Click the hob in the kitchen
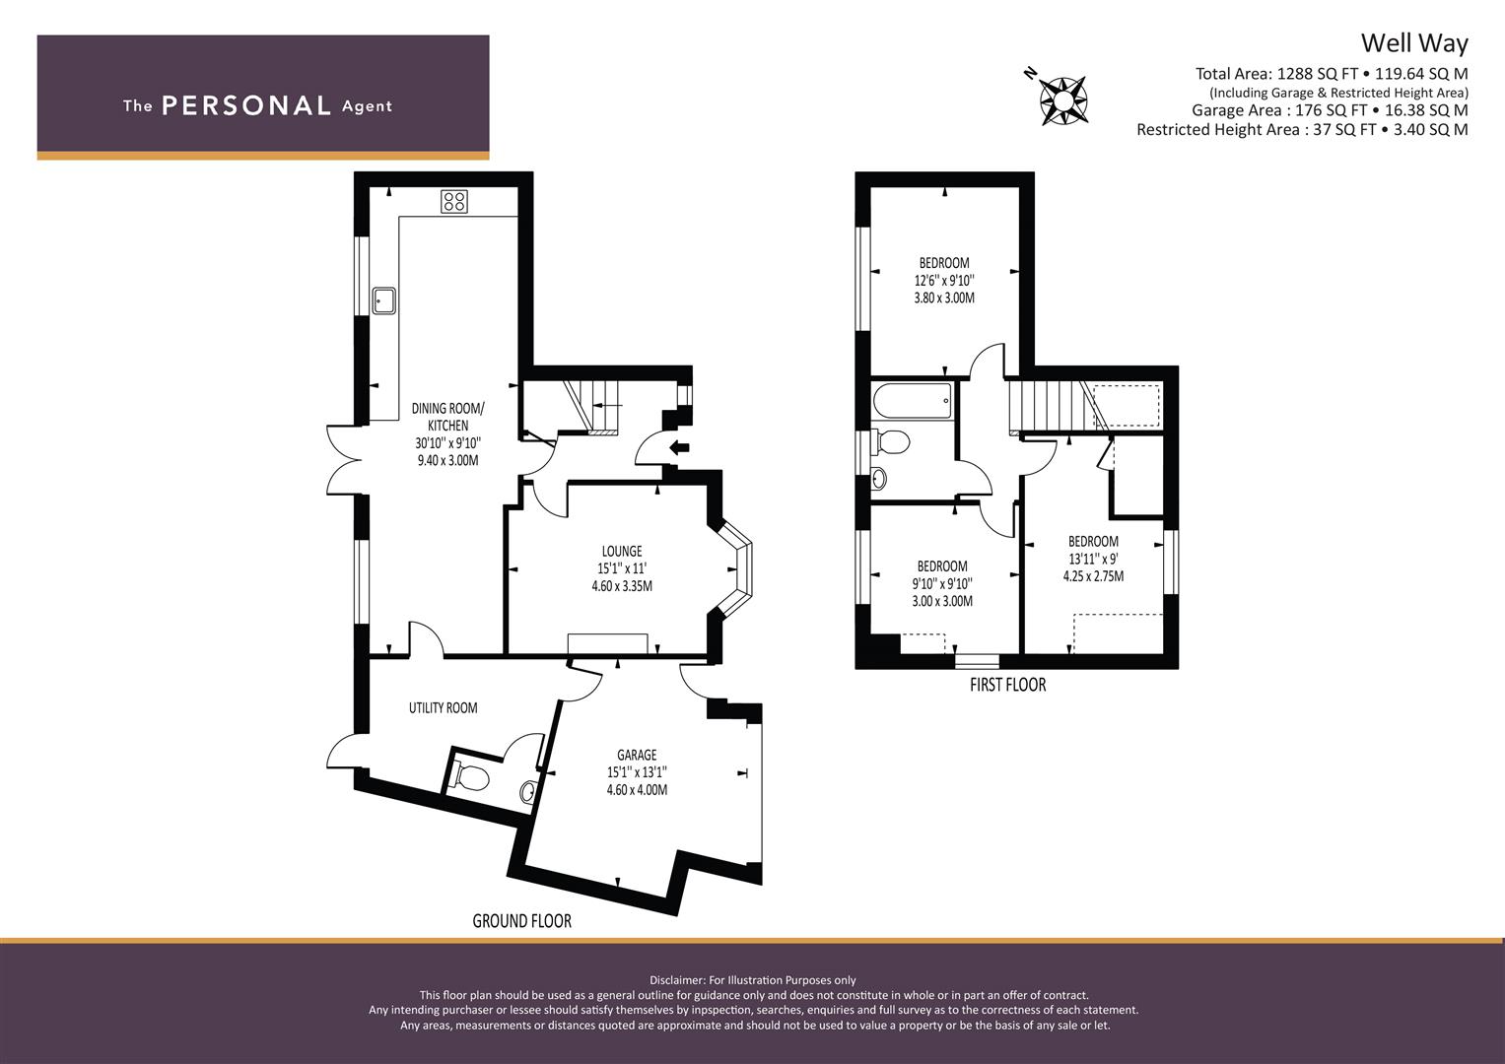(454, 202)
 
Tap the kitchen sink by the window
(385, 300)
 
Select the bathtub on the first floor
(913, 400)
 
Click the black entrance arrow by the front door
(680, 446)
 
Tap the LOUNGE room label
(622, 552)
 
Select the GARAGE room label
(637, 755)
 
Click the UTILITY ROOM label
(444, 708)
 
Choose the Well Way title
(1414, 43)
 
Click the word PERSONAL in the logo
(246, 106)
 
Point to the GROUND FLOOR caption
(522, 921)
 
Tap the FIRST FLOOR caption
(1008, 685)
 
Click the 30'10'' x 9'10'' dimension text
(448, 443)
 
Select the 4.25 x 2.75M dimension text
(1093, 575)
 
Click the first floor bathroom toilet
(890, 441)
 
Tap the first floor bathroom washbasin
(879, 479)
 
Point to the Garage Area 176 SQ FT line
(1330, 110)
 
